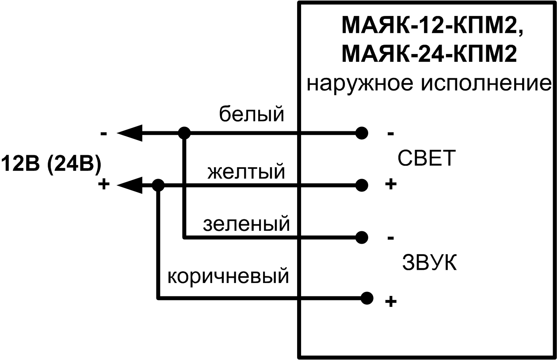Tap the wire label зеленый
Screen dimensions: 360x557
pyautogui.click(x=246, y=224)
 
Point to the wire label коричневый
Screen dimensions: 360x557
pyautogui.click(x=228, y=277)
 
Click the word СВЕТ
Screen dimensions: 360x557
pyautogui.click(x=426, y=159)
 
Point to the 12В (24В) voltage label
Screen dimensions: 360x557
pyautogui.click(x=51, y=164)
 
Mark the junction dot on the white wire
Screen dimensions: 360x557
pyautogui.click(x=184, y=133)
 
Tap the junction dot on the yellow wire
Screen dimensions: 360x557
pyautogui.click(x=158, y=185)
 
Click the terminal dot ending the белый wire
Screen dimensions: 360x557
pyautogui.click(x=362, y=133)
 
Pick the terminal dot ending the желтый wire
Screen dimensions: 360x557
pyautogui.click(x=362, y=185)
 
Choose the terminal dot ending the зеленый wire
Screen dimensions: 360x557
pyautogui.click(x=362, y=237)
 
